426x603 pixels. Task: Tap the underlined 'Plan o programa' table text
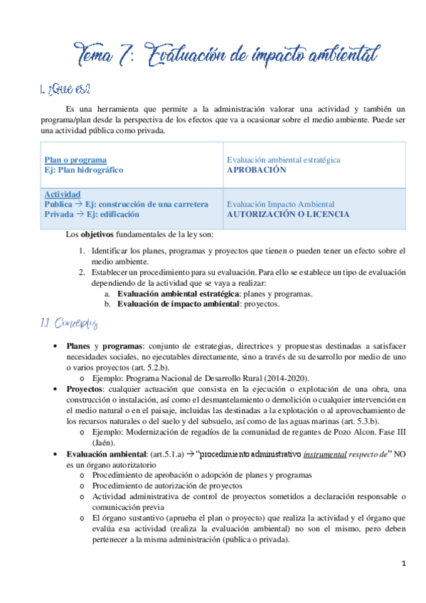point(75,161)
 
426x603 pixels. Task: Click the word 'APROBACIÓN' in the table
point(256,171)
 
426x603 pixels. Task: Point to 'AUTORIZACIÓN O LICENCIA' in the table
point(287,214)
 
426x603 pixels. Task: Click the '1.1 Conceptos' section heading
point(67,324)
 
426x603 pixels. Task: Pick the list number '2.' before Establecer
point(82,272)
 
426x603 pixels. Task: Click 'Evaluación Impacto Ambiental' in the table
point(280,204)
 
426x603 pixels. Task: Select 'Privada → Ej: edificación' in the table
point(92,214)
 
